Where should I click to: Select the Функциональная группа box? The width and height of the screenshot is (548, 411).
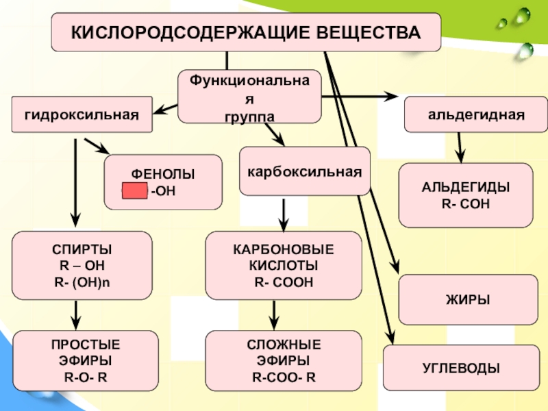pos(249,97)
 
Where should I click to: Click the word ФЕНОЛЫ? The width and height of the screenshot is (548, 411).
pos(163,175)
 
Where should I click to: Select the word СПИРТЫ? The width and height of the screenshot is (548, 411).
pos(82,249)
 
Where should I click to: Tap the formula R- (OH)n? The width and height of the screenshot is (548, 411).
pos(82,280)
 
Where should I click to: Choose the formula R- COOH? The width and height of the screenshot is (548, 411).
pos(284,280)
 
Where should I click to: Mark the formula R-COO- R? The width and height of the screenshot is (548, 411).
pos(284,376)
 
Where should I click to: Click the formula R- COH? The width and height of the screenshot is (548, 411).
pos(465,203)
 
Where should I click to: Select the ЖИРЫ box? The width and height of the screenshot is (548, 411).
pos(469,300)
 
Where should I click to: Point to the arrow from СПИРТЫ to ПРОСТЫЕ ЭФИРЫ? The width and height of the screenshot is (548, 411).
pos(77,314)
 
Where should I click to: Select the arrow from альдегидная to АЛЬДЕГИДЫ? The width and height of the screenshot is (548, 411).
pos(461,147)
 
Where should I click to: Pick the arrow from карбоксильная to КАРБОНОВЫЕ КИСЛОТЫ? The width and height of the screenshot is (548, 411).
pos(284,213)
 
